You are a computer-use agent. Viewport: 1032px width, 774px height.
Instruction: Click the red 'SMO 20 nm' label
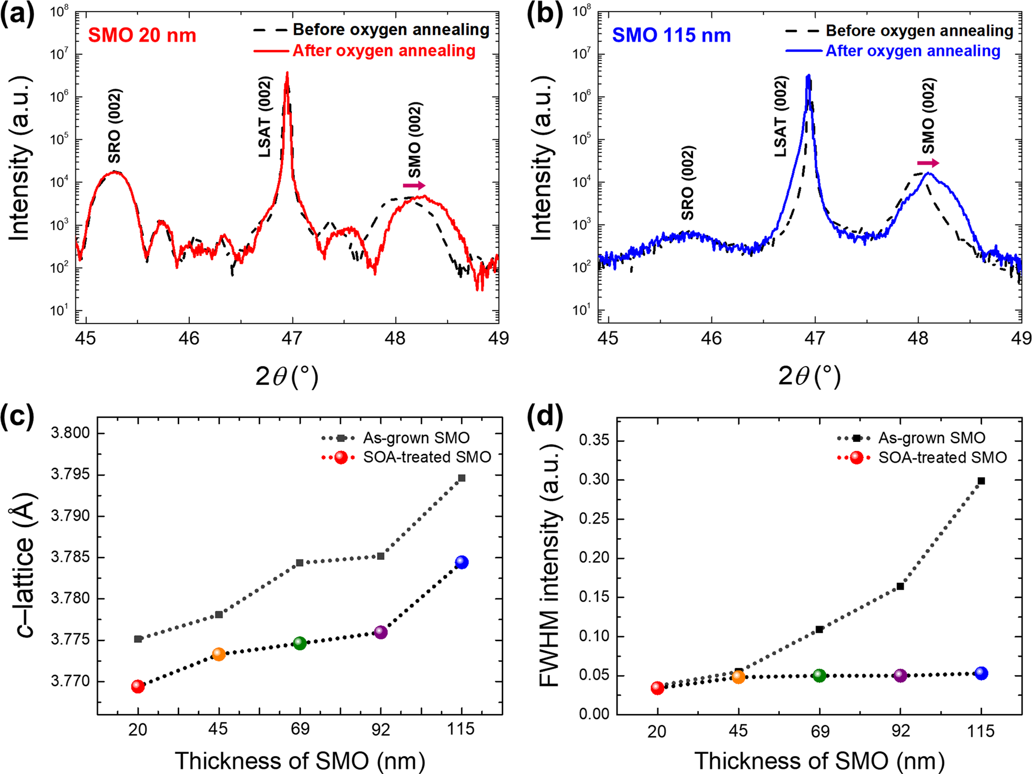click(x=142, y=35)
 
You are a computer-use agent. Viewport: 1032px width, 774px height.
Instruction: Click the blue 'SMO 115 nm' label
click(x=671, y=35)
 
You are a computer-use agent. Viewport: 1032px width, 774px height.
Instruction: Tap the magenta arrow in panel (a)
click(x=414, y=185)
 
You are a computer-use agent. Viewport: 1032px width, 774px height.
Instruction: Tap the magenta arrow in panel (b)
click(x=927, y=163)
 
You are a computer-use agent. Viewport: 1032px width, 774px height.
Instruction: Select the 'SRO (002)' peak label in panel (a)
click(x=115, y=126)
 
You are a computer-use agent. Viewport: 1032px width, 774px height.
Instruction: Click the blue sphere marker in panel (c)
click(x=461, y=562)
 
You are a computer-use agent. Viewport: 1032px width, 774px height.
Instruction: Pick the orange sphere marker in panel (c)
click(x=219, y=654)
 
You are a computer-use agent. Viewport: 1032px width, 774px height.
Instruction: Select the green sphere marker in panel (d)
click(x=819, y=676)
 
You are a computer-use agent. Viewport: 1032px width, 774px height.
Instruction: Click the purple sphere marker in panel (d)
click(x=900, y=676)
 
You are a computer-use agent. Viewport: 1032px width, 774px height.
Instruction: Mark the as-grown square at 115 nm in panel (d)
click(x=981, y=481)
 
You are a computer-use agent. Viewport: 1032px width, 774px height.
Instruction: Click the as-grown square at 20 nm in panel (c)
click(x=138, y=639)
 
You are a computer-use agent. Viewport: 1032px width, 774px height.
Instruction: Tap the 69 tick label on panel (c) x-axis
click(x=299, y=730)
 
